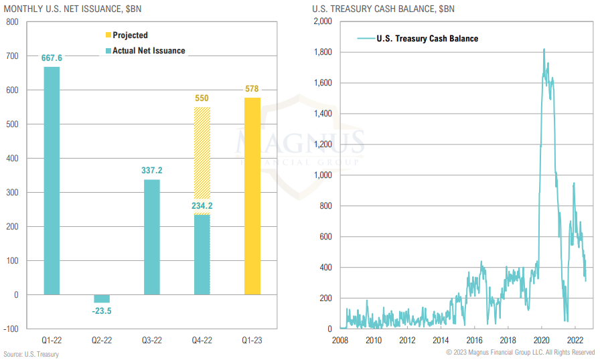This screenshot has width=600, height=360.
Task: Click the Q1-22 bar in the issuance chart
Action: tap(52, 181)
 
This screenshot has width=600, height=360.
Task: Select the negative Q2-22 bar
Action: tap(102, 298)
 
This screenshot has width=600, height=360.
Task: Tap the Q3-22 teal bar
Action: tap(151, 237)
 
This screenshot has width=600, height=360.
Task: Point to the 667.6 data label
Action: tap(52, 58)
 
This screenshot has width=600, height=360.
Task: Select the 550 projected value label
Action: tap(202, 98)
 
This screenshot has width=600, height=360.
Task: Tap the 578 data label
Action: tap(252, 89)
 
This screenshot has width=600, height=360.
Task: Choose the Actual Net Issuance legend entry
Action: tap(149, 50)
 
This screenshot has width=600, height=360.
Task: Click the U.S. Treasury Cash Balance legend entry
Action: tap(427, 39)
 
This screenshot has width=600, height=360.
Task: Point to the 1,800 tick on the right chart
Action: tap(323, 52)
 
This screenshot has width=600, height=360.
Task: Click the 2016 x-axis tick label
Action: tap(474, 340)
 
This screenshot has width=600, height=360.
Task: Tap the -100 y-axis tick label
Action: tap(11, 329)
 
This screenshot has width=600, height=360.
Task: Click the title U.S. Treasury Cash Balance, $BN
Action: tap(380, 9)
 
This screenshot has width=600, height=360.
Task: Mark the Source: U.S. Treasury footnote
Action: tap(31, 354)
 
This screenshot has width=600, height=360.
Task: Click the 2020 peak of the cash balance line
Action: tap(544, 50)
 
